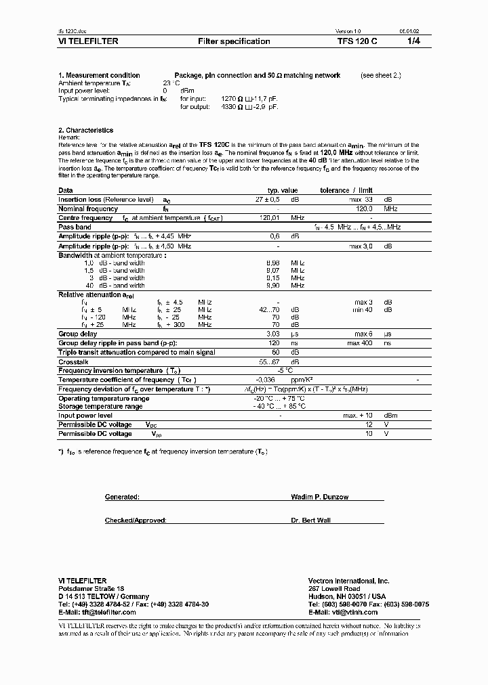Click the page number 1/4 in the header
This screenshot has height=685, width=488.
tap(413, 41)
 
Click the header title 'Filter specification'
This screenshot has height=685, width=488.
tap(234, 41)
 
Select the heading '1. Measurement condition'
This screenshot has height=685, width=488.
tap(99, 75)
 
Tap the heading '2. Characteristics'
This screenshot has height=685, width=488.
tap(85, 130)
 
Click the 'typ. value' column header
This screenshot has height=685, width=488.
tap(282, 191)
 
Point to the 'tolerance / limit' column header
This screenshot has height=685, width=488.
tap(346, 191)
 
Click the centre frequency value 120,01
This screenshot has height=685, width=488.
tap(270, 218)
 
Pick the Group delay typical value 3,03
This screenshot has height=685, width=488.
tap(273, 334)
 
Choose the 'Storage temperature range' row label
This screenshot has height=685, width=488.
tap(100, 406)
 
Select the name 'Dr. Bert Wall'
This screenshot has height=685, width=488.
tap(312, 520)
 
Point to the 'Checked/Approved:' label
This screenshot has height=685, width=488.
tap(135, 520)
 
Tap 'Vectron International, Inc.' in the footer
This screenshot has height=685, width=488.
tap(348, 581)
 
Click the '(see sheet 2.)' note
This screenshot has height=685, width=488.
tap(380, 75)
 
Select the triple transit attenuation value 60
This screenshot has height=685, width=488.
tap(275, 352)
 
